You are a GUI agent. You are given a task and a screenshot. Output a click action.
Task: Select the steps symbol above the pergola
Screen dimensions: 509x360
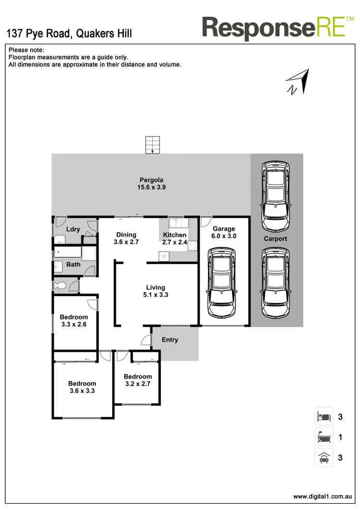(x=152, y=144)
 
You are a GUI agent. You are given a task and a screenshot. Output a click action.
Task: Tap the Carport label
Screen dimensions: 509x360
(x=276, y=238)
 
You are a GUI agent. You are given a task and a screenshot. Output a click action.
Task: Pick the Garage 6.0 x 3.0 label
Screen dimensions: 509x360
(x=224, y=233)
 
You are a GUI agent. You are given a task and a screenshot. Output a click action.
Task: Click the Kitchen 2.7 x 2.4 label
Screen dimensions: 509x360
(x=175, y=238)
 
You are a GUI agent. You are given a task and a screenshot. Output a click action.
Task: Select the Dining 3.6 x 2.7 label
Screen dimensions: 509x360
(x=126, y=238)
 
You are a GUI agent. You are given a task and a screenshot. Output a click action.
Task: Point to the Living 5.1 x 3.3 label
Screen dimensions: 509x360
(x=156, y=291)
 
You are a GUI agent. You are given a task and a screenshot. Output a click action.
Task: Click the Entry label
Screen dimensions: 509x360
(x=170, y=340)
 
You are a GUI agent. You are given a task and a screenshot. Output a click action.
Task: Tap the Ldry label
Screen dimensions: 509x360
(x=73, y=229)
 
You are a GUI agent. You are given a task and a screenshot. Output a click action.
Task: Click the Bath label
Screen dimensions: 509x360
(x=73, y=264)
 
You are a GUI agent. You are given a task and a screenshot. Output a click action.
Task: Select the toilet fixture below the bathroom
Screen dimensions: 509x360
(x=61, y=285)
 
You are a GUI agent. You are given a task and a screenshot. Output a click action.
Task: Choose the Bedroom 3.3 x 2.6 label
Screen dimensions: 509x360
(x=74, y=320)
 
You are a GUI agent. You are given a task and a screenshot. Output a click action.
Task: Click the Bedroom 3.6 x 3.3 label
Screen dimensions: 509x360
(x=82, y=387)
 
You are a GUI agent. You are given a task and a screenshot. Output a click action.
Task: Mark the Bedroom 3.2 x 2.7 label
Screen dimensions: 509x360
(x=138, y=380)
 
